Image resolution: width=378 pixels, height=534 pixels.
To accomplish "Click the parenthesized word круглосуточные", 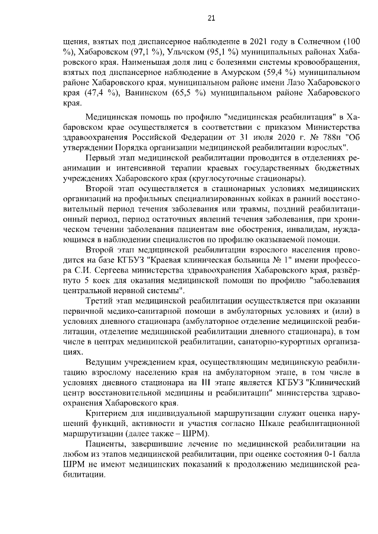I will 230,178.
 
